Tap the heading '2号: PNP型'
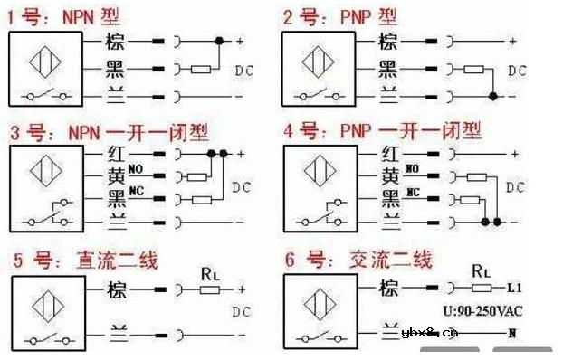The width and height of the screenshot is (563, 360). pos(339,15)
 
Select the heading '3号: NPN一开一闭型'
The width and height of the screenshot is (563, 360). pos(109,132)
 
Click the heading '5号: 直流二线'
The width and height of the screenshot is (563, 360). pos(86,261)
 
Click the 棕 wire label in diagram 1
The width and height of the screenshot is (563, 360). pos(115,42)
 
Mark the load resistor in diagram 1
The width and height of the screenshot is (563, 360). pos(201,68)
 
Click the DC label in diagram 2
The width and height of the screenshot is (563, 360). pos(516,70)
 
